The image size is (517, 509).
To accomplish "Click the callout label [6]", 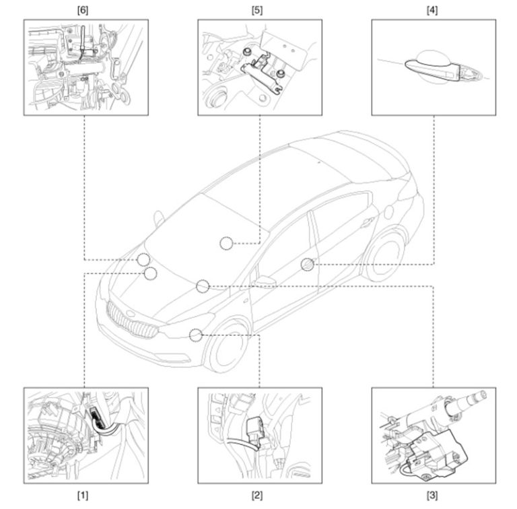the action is (x=83, y=11).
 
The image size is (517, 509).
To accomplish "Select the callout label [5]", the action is (x=257, y=11).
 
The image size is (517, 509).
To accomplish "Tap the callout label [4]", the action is (x=432, y=11).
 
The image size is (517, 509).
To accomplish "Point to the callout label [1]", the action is (x=83, y=495).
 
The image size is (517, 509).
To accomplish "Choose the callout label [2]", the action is (x=257, y=495).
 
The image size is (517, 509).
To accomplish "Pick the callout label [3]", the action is (x=432, y=495).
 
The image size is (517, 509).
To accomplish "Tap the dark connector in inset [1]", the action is (x=97, y=416).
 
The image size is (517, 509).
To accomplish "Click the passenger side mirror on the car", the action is (x=265, y=281).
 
